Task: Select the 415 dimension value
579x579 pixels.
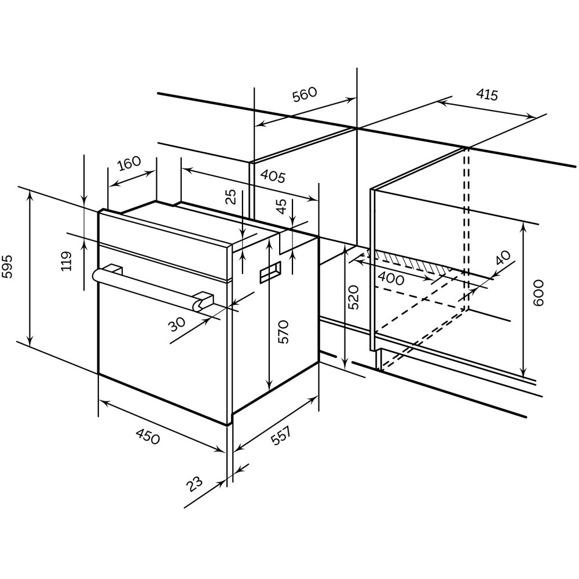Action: point(487,95)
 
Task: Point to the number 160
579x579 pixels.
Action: point(129,163)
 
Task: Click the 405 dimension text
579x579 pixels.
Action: point(272,176)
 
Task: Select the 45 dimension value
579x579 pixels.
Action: point(281,207)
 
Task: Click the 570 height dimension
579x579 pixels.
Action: point(283,332)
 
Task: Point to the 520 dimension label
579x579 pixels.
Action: point(354,296)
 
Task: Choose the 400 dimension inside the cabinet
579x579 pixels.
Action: point(391,278)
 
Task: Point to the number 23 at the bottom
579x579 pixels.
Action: point(196,483)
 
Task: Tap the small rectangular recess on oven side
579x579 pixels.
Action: point(270,272)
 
